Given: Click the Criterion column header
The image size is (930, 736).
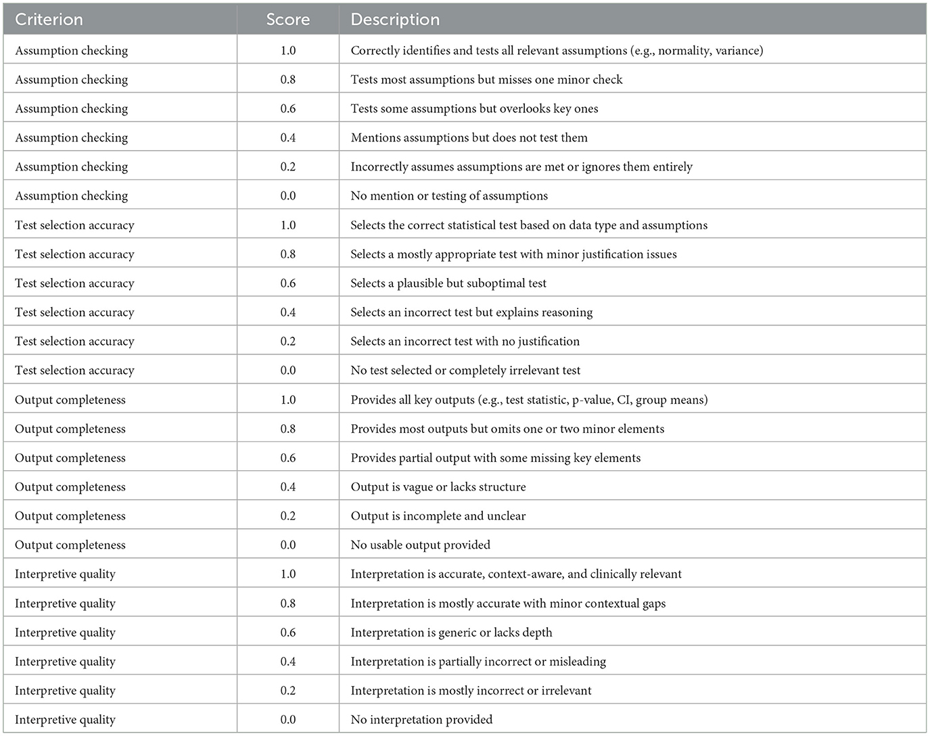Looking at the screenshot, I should pos(49,20).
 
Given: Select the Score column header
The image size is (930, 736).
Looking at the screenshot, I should pos(288,20).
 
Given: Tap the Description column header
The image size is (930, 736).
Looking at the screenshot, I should pos(395,20).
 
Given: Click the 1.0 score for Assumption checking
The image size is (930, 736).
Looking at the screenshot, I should pos(288,51).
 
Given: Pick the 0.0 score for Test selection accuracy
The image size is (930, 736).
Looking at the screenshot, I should pos(288,371).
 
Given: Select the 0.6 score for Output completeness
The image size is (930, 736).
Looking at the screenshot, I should pos(288,458).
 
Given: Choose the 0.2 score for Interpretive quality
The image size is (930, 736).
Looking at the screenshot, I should pos(288,691).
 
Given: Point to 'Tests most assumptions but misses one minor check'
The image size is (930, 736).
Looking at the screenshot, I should pos(486,80).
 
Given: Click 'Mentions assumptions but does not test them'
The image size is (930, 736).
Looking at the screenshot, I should pos(469,138).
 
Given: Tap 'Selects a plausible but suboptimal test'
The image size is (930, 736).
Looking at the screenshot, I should pos(448,283).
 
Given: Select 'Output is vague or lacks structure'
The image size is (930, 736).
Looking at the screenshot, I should pos(438,487).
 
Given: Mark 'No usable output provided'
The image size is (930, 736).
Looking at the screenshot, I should pos(420,545).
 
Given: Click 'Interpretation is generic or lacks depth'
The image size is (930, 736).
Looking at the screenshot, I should pos(451,632).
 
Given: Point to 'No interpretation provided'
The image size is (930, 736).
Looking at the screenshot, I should pos(421,720).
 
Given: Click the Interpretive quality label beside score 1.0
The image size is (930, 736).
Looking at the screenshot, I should pos(65,574).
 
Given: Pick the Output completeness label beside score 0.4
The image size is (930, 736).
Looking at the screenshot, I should pos(70,487).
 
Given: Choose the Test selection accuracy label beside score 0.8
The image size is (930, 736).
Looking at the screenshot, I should pos(74,254).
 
